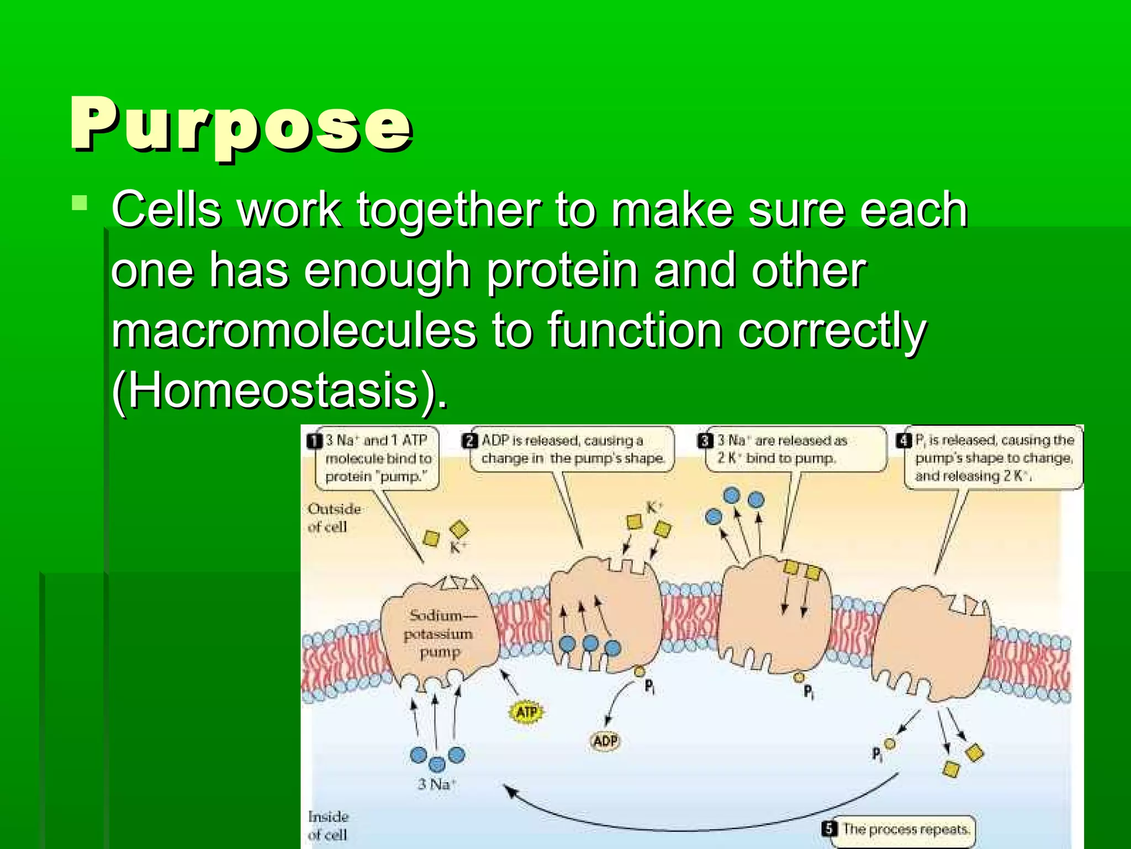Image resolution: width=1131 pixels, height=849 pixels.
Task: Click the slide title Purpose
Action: pos(241,125)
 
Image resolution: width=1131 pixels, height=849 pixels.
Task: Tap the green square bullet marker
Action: pos(80,203)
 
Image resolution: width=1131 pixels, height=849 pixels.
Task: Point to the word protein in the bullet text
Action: pos(562,270)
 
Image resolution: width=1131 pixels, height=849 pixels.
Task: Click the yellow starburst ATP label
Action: pos(526,712)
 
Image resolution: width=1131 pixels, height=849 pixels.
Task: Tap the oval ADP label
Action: pos(605,741)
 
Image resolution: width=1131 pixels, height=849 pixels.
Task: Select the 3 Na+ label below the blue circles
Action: pos(436,784)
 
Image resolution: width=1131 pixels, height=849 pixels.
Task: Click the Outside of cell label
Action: pos(334,517)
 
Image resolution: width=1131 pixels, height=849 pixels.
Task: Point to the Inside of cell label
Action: pos(328,825)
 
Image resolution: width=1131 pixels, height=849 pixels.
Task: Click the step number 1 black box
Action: pos(314,441)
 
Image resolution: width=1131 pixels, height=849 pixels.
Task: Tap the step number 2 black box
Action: pos(469,441)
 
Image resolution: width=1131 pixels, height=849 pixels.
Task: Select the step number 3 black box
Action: pos(705,441)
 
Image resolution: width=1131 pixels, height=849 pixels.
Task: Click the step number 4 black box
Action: pos(903,441)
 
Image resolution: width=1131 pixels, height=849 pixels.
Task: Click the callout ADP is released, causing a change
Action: pos(572,449)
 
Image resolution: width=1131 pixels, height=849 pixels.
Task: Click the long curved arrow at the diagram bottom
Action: pos(690,827)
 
